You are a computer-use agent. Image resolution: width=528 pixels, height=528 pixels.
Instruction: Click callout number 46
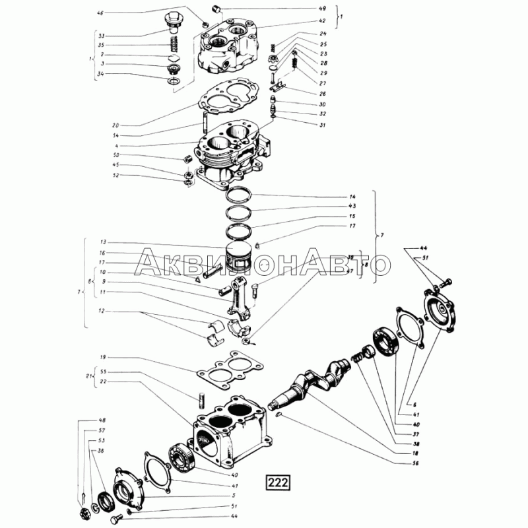(x=100, y=13)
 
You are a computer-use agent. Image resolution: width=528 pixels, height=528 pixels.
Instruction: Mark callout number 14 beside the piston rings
(x=353, y=197)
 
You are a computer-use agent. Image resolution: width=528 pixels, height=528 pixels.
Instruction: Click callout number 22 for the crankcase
(x=103, y=381)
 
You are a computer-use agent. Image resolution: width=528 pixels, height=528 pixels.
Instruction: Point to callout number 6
(x=414, y=404)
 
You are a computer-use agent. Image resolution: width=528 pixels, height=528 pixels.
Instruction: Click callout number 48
(x=102, y=420)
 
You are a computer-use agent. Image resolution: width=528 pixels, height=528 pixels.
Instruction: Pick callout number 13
(x=103, y=242)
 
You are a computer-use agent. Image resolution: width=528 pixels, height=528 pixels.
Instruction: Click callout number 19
(x=103, y=357)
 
